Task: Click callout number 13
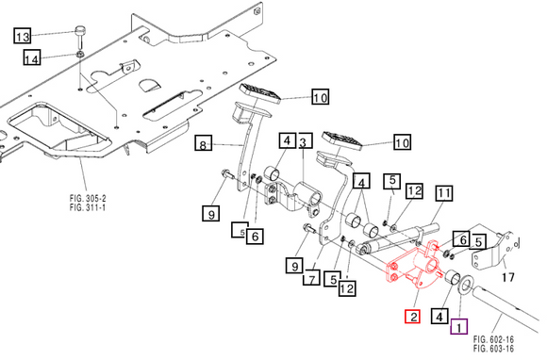tap(22, 37)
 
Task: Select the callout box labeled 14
tap(32, 58)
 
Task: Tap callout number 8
tap(202, 144)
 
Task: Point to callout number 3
tap(303, 142)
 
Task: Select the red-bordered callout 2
tap(412, 317)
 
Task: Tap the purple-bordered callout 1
tap(457, 328)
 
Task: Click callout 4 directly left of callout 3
tap(285, 142)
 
